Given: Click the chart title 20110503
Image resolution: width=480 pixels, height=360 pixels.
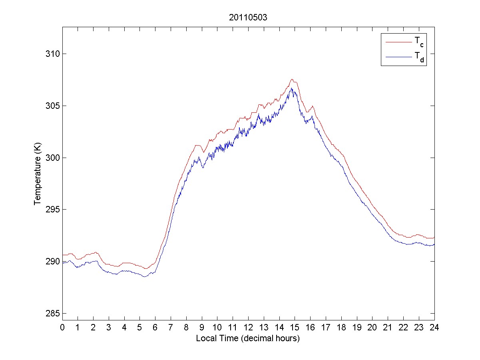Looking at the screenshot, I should [x=248, y=18].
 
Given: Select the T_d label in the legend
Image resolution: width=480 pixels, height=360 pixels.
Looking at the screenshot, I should [x=419, y=58].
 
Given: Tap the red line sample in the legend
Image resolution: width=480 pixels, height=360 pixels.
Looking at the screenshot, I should [x=398, y=42].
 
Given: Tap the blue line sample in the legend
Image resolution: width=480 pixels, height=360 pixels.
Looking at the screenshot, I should [x=398, y=58].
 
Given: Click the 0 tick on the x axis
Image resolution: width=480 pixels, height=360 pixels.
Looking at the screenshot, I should [x=62, y=327].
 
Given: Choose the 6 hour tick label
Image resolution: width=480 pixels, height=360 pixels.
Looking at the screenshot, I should [x=155, y=327].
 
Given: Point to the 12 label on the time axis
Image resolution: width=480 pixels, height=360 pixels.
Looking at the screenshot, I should [x=248, y=327].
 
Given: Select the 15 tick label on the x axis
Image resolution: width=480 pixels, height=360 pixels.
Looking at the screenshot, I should [x=295, y=327].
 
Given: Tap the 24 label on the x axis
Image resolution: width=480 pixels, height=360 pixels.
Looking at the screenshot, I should [x=434, y=327].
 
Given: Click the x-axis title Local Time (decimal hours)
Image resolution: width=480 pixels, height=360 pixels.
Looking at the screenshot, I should [x=248, y=338].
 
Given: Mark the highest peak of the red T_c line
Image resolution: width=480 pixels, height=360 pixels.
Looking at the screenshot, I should [x=292, y=79].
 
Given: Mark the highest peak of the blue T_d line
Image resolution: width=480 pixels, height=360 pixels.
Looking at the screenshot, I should [x=292, y=88].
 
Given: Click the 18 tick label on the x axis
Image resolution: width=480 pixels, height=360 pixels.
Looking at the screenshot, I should [x=341, y=327].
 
